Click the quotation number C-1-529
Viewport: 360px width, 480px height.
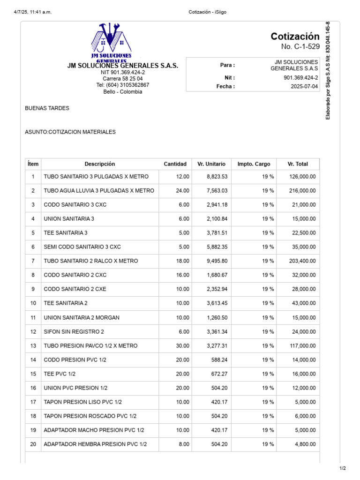(x=300, y=46)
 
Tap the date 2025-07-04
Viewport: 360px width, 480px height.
(x=304, y=87)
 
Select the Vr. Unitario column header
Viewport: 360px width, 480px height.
(x=211, y=164)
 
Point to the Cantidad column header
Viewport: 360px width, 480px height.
(x=175, y=164)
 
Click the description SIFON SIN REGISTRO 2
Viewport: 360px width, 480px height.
(x=74, y=332)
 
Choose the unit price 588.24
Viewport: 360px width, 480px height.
(x=219, y=360)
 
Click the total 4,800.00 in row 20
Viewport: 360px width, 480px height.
(x=305, y=444)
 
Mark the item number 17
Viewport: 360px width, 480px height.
(x=33, y=402)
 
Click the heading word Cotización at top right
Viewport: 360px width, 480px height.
(x=295, y=37)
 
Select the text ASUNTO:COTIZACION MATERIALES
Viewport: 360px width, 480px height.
(x=70, y=132)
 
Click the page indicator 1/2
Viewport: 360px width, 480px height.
(x=343, y=468)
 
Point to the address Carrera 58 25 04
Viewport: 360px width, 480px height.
(x=123, y=79)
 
